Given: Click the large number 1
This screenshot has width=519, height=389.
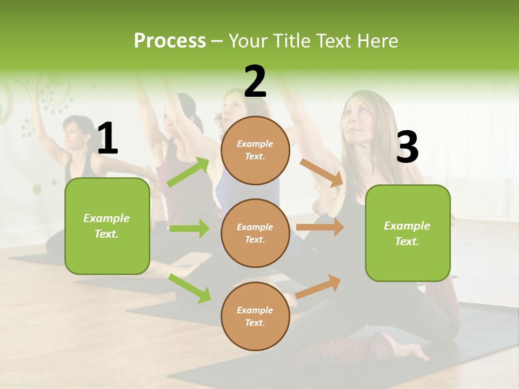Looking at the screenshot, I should [x=108, y=139].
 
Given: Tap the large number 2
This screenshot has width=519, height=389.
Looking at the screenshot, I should [x=255, y=82].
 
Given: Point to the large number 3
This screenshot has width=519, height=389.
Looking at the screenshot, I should [x=407, y=147].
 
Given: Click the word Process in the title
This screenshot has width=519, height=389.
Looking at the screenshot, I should [x=170, y=41].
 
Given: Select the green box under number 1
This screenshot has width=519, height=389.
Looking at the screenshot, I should [x=107, y=226].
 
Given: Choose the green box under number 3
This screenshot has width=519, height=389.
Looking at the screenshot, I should [x=408, y=233].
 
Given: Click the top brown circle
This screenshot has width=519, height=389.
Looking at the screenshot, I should [x=255, y=150].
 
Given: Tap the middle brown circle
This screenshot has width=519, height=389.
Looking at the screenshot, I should [x=255, y=233].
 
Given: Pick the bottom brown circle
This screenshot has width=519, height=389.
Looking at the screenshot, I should [x=255, y=316].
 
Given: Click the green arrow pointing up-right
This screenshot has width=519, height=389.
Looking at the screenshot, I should [x=188, y=172].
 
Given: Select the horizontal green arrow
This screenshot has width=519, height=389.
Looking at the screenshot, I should [x=189, y=229].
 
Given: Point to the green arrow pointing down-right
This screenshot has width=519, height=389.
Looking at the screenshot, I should [x=190, y=288].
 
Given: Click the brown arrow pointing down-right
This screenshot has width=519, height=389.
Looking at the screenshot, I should [x=322, y=172].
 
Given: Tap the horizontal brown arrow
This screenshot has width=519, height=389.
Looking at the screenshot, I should [x=320, y=227].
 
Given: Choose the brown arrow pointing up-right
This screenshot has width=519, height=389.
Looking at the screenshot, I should [x=318, y=286].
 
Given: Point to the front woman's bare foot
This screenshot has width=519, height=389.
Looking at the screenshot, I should [x=411, y=354].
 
